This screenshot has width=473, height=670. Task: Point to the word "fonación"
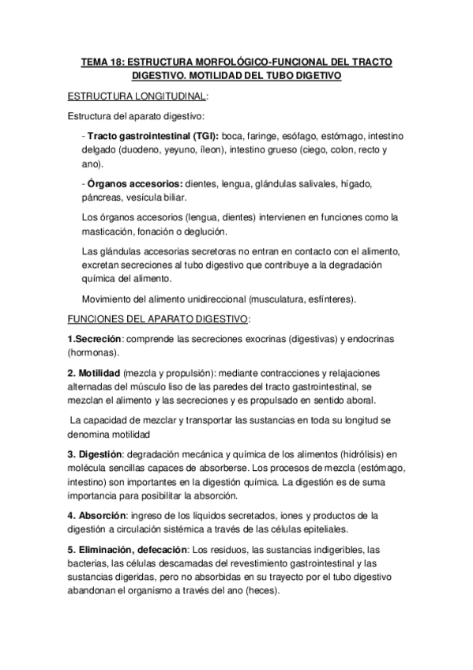click(158, 231)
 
